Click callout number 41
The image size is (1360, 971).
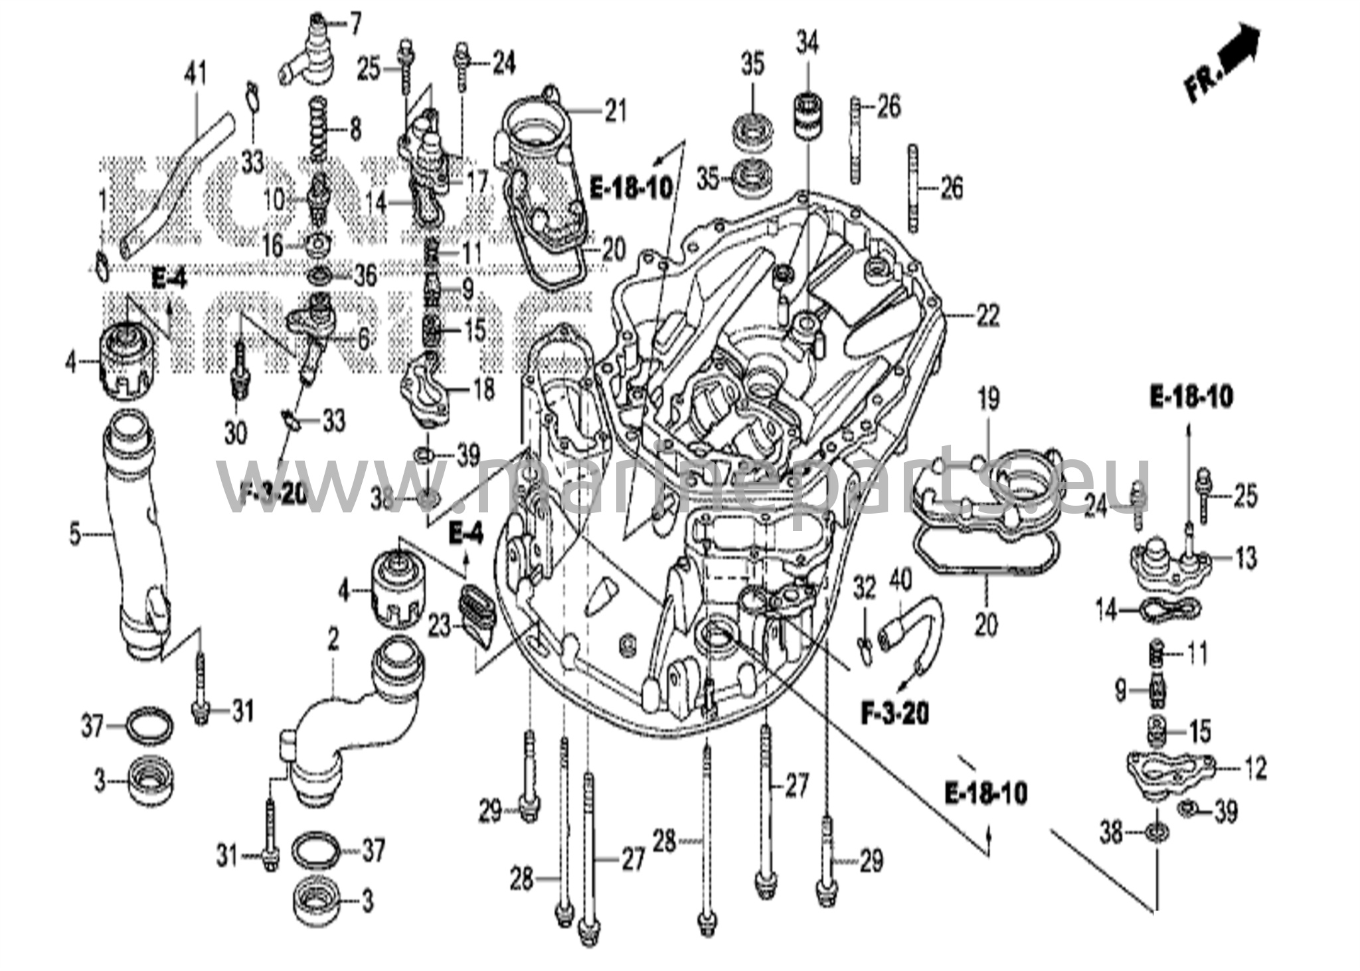point(196,74)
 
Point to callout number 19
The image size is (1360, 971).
point(988,400)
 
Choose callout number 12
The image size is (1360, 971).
point(1254,769)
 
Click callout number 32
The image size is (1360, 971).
point(865,588)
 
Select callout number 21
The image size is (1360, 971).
point(615,111)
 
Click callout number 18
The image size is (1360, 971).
point(484,389)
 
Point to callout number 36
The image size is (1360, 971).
point(365,275)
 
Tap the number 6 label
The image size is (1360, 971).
point(363,340)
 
